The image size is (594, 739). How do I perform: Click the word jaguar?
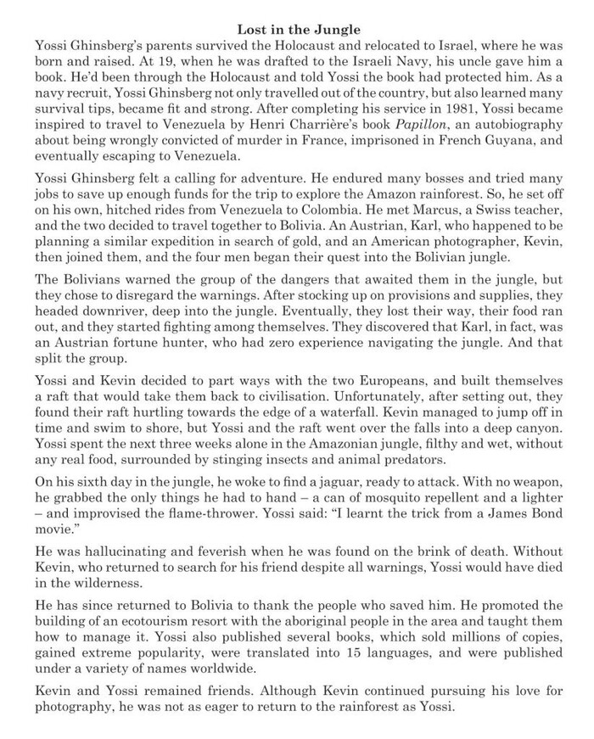tap(311, 480)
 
